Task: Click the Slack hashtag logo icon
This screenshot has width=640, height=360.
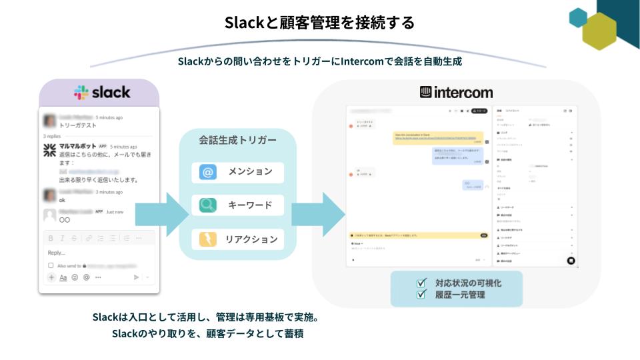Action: coord(81,93)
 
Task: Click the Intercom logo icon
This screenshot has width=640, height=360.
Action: coord(426,92)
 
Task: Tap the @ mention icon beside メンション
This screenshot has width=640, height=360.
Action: coord(208,172)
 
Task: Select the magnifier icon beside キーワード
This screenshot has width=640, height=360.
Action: coord(208,205)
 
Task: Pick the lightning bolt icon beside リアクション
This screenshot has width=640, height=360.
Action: coord(208,239)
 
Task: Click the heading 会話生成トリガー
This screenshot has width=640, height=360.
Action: coord(237,141)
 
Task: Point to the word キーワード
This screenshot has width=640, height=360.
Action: coord(250,205)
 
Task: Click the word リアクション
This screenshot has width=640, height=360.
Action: coord(251,239)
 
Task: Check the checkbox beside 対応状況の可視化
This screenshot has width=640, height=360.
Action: coord(421,283)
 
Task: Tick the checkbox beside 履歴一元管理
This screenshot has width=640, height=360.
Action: coord(421,294)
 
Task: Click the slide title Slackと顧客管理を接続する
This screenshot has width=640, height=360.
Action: coord(319,23)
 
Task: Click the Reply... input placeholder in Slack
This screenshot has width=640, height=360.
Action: coord(57,253)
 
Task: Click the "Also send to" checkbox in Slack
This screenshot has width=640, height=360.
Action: coord(51,265)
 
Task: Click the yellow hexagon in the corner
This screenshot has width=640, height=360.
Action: coord(598,31)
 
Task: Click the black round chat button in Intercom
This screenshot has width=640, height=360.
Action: coord(571,261)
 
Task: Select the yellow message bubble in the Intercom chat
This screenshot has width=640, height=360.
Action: coord(437,137)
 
